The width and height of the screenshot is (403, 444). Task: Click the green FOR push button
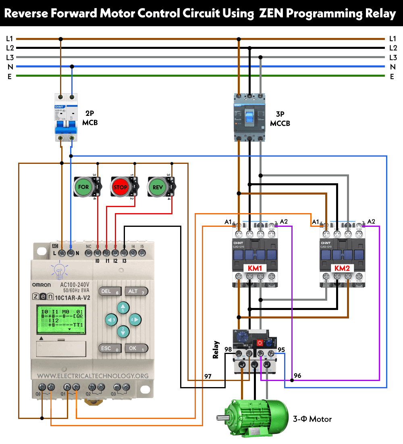(83, 187)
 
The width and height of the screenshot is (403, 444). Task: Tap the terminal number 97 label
(208, 376)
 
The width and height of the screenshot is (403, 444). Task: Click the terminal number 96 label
(297, 375)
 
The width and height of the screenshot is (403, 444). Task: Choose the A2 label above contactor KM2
(371, 222)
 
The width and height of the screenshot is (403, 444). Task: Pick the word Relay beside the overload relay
(216, 350)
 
